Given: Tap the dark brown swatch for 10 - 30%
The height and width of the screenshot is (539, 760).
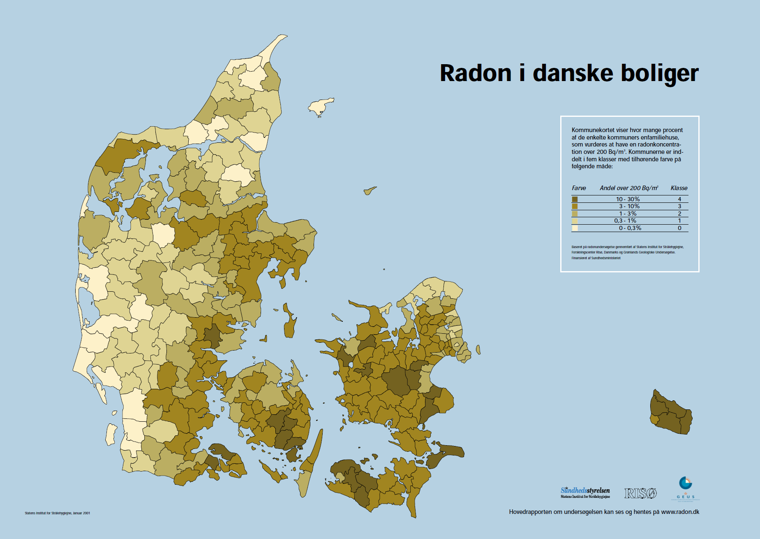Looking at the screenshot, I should click(x=575, y=199).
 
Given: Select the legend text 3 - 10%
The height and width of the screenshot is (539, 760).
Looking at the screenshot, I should click(x=629, y=206).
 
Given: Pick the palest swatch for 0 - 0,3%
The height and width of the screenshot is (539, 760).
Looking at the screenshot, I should click(x=575, y=228).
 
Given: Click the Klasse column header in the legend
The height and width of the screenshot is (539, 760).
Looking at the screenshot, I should click(x=679, y=188).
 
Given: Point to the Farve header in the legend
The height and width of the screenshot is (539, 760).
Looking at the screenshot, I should click(x=579, y=188).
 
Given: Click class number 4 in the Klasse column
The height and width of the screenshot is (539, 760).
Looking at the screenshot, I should click(x=679, y=199).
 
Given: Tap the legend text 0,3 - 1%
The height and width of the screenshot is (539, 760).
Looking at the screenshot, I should click(x=625, y=221).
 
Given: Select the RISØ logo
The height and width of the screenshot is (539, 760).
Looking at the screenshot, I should click(x=640, y=493).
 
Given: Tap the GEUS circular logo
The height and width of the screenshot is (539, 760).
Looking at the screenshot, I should click(x=685, y=483).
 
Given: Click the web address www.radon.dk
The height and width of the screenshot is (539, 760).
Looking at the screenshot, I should click(x=680, y=512).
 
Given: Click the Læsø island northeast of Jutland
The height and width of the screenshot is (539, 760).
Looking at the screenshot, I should click(x=321, y=107).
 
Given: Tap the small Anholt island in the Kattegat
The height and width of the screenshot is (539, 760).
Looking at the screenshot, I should click(x=369, y=191).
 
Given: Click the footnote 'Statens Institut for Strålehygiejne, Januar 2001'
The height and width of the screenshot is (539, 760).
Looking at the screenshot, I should click(x=57, y=513).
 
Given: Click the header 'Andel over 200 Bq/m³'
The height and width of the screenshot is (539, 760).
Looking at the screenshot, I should click(x=628, y=188).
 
